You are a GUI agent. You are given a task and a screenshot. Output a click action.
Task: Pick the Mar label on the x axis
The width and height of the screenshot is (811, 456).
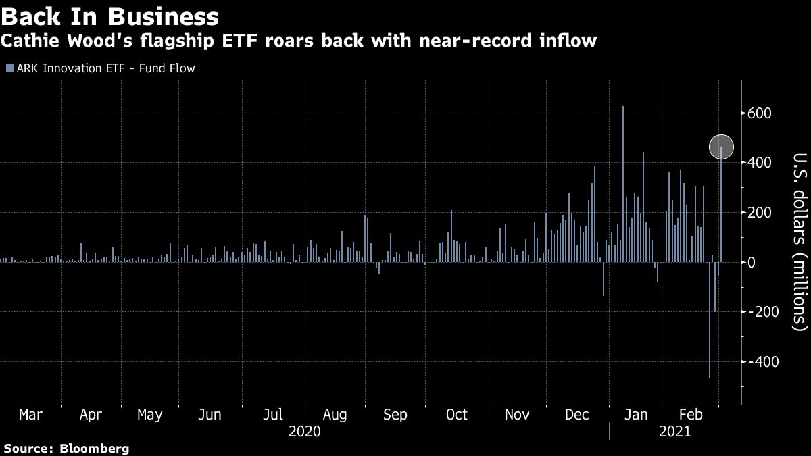30,414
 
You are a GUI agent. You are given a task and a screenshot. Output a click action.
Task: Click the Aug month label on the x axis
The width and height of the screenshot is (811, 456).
335,414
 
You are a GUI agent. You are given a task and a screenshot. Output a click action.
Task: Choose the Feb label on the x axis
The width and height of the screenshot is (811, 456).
691,414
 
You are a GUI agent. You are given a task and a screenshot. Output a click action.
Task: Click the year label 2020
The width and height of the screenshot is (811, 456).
304,432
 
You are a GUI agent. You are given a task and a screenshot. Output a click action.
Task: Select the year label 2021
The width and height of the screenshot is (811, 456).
674,432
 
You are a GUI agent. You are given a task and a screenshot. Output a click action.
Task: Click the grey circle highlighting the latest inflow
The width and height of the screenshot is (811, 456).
721,147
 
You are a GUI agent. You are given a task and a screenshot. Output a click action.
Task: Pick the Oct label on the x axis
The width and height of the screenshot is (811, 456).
457,414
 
